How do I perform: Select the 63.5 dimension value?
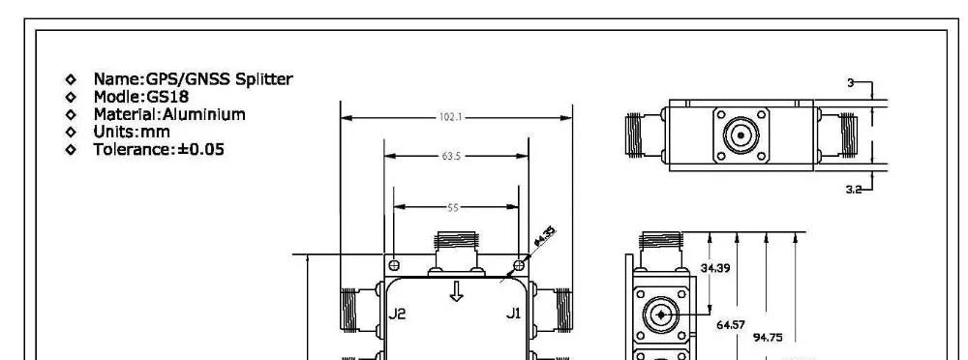tap(449, 155)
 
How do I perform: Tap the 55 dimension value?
tap(454, 207)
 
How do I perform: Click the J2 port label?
tap(397, 313)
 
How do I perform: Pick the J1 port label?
tap(514, 313)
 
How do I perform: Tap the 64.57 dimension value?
tap(731, 325)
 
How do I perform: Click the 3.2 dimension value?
tap(853, 191)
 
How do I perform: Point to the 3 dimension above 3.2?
tap(850, 84)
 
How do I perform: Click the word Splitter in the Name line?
tap(257, 78)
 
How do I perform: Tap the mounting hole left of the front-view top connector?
tap(394, 265)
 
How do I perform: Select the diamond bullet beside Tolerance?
tap(70, 150)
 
